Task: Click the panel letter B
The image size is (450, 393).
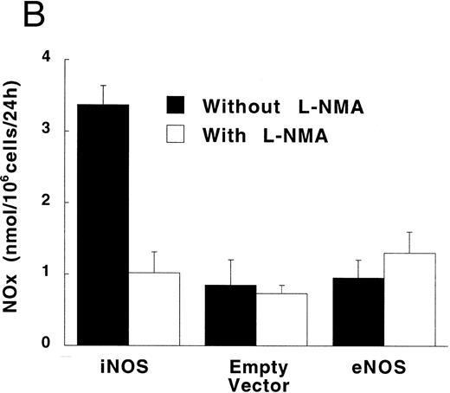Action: tap(15, 16)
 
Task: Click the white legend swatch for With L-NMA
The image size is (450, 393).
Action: tap(181, 135)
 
